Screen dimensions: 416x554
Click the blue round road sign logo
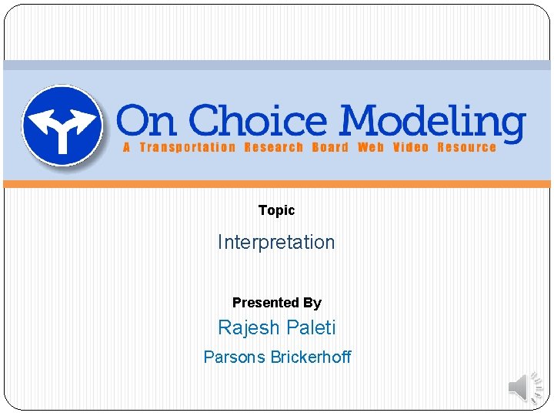pos(62,125)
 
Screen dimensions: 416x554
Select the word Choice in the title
pos(259,122)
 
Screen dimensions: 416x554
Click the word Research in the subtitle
pos(273,147)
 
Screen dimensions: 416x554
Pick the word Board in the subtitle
pos(330,147)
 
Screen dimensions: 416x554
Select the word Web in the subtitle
pos(370,147)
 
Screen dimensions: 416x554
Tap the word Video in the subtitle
pos(410,147)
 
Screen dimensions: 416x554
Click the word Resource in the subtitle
pos(466,147)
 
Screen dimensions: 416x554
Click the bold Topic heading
pos(276,210)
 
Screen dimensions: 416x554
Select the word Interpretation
pos(276,242)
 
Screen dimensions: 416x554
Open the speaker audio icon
pos(526,387)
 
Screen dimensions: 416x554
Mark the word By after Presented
pos(312,303)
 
